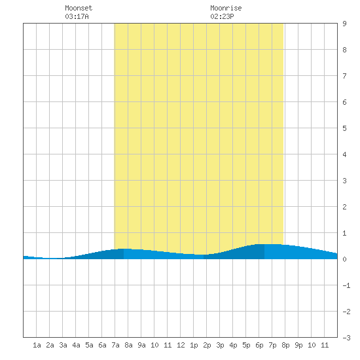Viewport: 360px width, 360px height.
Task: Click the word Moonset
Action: [79, 8]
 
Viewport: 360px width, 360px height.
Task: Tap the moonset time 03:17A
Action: [77, 16]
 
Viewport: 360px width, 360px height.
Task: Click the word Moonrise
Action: [226, 8]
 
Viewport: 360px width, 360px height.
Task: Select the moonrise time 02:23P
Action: [222, 16]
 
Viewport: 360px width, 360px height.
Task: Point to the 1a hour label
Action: [37, 345]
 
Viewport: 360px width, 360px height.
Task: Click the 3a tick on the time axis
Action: [63, 345]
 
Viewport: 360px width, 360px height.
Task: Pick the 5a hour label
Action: [89, 345]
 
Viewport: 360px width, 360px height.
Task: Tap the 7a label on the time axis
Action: [115, 345]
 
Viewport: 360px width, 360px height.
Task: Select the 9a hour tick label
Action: [141, 345]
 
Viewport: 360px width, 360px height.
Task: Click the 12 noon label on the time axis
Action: [181, 345]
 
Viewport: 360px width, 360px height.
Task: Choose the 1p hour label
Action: [194, 345]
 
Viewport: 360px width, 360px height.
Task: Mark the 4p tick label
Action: [233, 345]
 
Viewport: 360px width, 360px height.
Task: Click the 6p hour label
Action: [259, 345]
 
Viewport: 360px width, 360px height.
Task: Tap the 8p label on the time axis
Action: [285, 345]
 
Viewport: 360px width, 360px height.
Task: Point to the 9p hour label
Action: [298, 345]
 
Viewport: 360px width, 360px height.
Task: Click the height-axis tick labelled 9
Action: [344, 24]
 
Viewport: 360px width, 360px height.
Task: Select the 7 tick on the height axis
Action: [344, 76]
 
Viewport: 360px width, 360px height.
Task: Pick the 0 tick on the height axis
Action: [344, 259]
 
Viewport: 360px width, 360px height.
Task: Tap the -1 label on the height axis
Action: [346, 285]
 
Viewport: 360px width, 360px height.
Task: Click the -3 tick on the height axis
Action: [346, 338]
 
